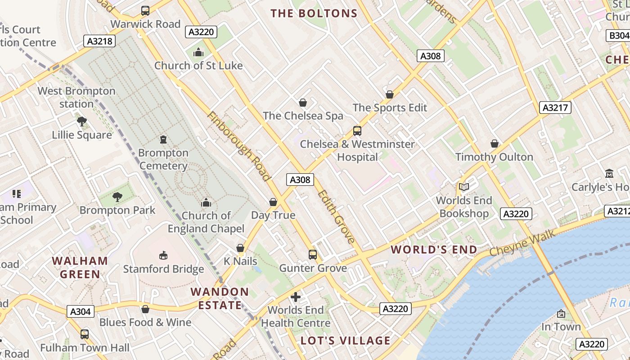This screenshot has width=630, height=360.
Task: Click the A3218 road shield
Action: tap(99, 41)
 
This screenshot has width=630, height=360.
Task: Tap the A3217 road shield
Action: tap(555, 108)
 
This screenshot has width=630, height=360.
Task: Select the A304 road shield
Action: tap(81, 311)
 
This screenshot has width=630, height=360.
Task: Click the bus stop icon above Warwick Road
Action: tap(145, 11)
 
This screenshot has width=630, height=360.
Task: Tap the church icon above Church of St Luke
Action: tap(198, 53)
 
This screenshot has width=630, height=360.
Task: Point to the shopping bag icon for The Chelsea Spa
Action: tap(303, 103)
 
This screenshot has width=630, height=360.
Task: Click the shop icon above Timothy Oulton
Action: tap(495, 144)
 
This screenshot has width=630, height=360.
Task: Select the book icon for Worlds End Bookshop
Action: tap(464, 187)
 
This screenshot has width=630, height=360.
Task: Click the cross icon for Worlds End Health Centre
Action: tap(296, 297)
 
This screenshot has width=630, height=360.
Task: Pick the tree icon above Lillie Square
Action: tap(82, 121)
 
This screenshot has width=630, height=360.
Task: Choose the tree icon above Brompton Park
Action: tap(117, 197)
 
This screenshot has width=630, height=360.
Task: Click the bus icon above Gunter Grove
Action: tap(313, 255)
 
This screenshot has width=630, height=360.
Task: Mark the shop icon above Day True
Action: tap(273, 202)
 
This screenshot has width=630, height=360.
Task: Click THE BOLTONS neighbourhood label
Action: tap(314, 13)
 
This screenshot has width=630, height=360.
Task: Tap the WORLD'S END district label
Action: tap(434, 250)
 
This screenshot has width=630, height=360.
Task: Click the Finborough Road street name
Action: tap(238, 146)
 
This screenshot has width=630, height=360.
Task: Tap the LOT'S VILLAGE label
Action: tap(346, 341)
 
